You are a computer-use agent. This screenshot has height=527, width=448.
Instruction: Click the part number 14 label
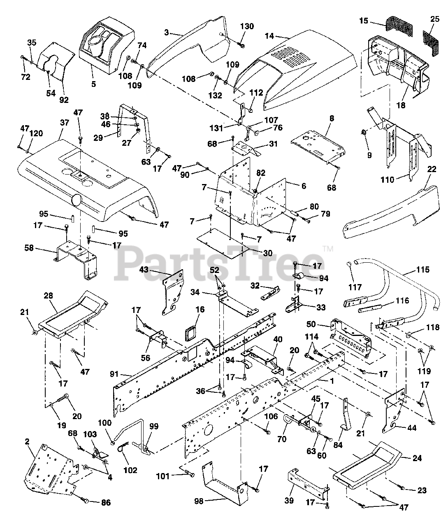pos(269,36)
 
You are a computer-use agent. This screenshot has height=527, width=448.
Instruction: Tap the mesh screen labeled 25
pos(432,43)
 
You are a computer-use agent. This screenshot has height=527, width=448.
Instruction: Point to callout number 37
pos(65,123)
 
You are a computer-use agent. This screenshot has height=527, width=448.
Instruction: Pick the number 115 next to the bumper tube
pos(423,270)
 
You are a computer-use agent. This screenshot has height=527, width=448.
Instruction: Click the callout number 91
pos(114,374)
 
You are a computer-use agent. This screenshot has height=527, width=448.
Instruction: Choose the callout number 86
pos(106,503)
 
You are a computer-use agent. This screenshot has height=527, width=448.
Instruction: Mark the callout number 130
pos(247,26)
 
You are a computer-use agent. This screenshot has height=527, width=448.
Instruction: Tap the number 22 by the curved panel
pos(432,169)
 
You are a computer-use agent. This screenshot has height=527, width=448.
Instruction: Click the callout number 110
pos(387,180)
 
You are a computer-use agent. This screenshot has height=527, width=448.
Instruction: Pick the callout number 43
pos(144,270)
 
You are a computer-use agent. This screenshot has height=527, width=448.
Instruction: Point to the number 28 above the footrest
pos(48,296)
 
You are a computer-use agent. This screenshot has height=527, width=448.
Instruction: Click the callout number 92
pos(64,100)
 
